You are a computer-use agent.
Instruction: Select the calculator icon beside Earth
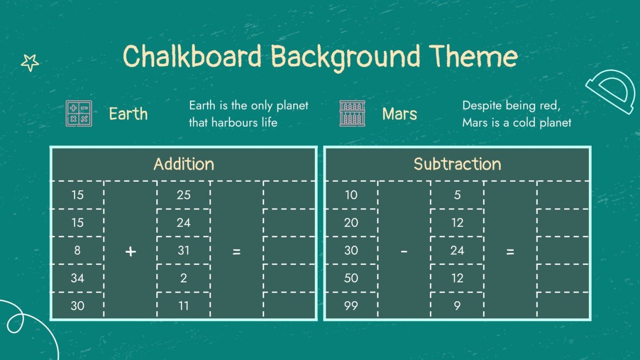point(79,114)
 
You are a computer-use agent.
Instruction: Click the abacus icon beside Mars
point(352,114)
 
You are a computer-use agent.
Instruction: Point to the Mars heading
point(399,114)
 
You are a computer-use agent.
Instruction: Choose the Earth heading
point(128,114)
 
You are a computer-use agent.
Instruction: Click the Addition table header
point(184,164)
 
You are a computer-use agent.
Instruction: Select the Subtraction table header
point(457,164)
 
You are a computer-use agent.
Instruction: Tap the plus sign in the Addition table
point(131,251)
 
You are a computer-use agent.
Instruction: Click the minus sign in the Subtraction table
point(404,251)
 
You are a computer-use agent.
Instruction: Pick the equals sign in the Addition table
point(236,251)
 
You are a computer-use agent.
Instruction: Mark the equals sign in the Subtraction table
point(510,251)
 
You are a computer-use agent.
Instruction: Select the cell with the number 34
point(77,278)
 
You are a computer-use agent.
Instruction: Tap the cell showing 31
point(184,251)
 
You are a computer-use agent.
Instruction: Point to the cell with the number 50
point(351,278)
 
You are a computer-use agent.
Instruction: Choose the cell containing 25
point(184,195)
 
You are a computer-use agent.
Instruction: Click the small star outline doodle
point(30,62)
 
